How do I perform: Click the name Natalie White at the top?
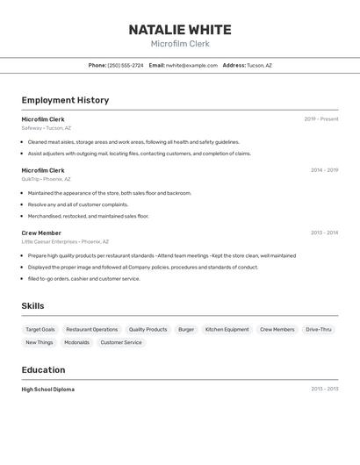click(180, 29)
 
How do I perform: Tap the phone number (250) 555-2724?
click(126, 65)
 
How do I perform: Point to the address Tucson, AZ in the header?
click(259, 65)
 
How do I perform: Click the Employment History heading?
click(65, 100)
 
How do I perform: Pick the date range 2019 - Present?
click(320, 119)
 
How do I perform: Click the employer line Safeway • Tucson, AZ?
click(47, 128)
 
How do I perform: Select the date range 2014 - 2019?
click(324, 170)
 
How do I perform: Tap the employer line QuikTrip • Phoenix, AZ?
click(46, 179)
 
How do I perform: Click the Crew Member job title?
click(41, 232)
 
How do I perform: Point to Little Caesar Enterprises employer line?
click(65, 241)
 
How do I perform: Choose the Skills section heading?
click(32, 306)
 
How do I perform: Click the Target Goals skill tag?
click(40, 330)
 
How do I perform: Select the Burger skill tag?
click(186, 330)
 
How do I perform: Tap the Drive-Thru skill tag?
click(319, 330)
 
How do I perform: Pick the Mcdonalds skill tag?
click(76, 343)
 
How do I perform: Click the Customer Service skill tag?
click(121, 343)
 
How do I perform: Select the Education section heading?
click(43, 370)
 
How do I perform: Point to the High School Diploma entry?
click(48, 390)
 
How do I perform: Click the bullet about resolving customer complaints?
click(77, 204)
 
